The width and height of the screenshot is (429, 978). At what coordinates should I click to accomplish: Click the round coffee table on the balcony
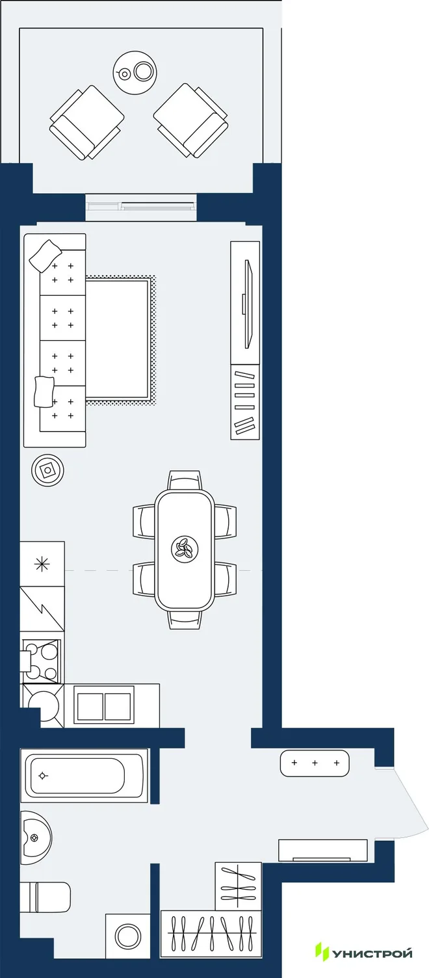135,72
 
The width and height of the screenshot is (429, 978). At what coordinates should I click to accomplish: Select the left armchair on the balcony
86,122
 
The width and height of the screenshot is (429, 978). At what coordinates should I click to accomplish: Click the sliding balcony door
140,206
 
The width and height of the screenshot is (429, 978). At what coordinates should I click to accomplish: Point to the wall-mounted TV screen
248,304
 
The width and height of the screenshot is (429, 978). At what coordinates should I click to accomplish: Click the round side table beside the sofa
48,470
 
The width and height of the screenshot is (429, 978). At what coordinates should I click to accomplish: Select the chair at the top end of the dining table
185,481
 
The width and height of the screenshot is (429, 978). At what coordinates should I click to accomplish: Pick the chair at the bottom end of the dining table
185,619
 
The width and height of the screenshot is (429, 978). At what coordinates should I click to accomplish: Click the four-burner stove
40,661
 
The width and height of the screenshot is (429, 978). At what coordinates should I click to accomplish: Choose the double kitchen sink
104,706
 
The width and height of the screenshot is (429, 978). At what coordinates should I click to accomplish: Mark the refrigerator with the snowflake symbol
42,564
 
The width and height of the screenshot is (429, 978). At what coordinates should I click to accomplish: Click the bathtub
84,775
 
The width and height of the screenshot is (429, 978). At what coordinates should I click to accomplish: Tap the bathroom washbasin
36,838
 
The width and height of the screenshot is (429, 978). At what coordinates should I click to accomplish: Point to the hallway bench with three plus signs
314,763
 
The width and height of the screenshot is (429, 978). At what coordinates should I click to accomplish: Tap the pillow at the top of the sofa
45,256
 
